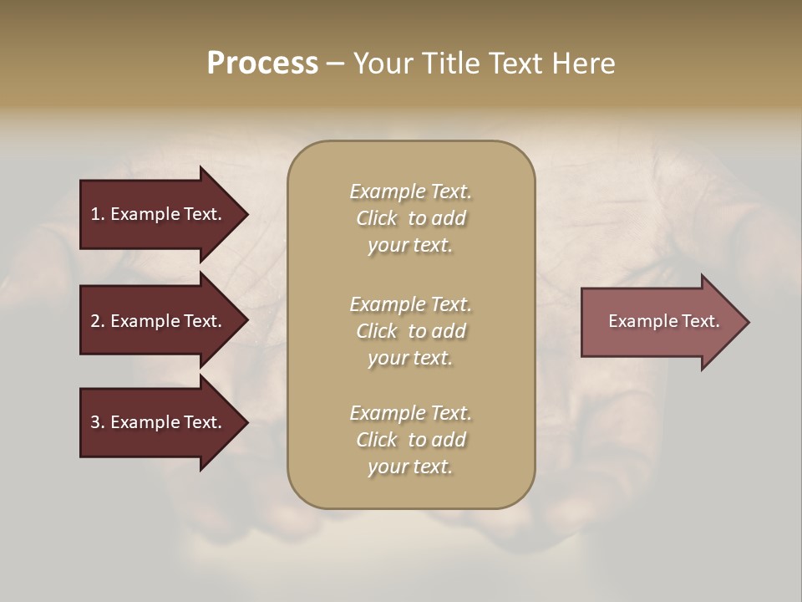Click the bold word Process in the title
pos(262,64)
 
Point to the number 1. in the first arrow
pos(98,214)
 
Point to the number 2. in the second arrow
pos(98,321)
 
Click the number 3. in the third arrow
pos(98,422)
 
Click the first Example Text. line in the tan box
pos(410,191)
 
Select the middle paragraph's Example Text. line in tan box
pos(410,304)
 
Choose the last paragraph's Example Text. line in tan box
pos(410,413)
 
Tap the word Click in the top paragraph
pos(377,218)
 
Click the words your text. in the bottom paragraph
pos(410,467)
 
